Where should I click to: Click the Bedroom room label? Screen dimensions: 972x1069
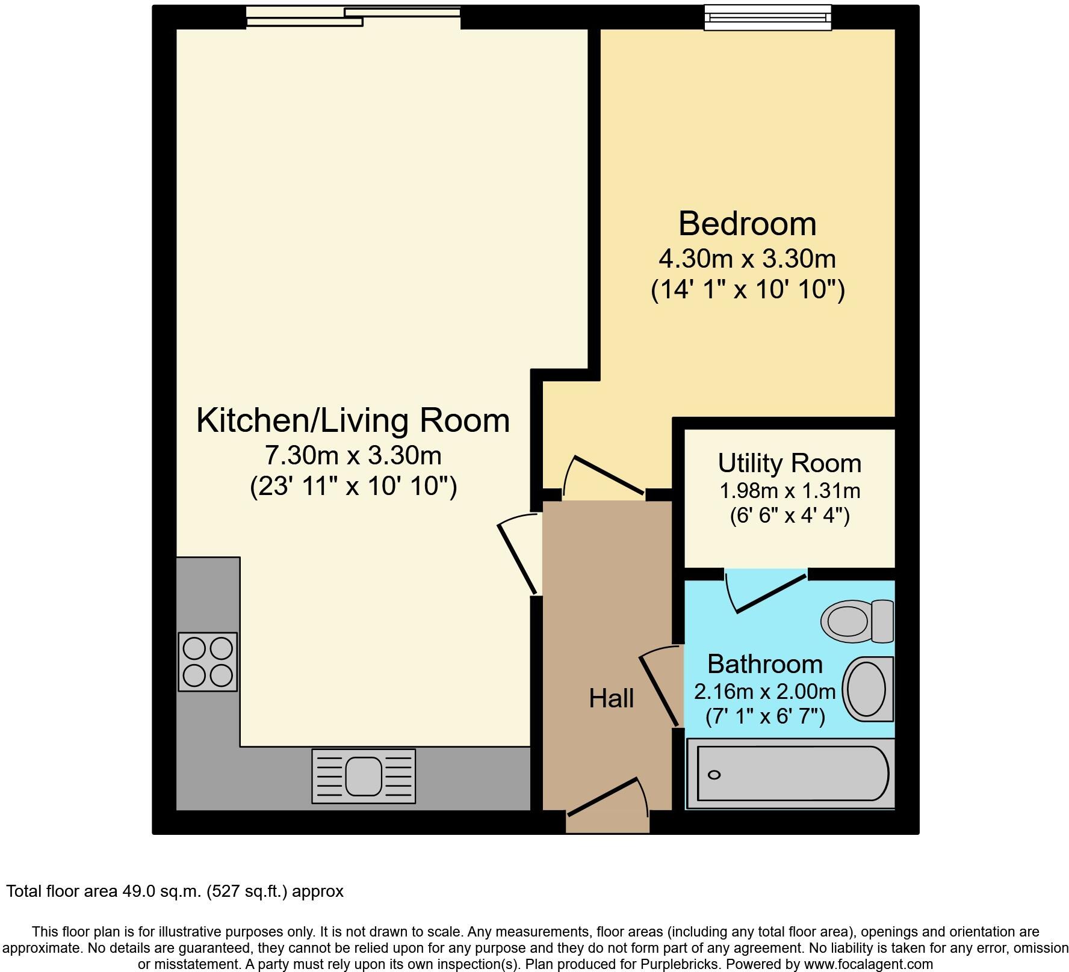pos(747,224)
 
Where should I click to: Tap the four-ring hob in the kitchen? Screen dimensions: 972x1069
pos(208,662)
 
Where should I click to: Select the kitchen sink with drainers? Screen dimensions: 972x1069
pos(364,776)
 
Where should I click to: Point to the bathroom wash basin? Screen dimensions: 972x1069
pos(867,689)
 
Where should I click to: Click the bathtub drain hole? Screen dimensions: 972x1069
pos(714,775)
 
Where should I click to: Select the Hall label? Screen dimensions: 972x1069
pos(611,698)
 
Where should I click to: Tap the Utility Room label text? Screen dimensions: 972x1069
pos(789,463)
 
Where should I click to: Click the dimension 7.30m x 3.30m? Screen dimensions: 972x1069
pos(353,455)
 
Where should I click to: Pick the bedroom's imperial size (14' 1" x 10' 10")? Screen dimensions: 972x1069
pos(748,291)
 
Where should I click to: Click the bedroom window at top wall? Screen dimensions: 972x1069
pos(768,17)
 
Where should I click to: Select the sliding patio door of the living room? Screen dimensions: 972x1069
pos(353,16)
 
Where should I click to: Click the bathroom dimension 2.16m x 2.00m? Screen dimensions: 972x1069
pos(764,692)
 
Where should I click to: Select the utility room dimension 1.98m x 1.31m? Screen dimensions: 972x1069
pos(790,491)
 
